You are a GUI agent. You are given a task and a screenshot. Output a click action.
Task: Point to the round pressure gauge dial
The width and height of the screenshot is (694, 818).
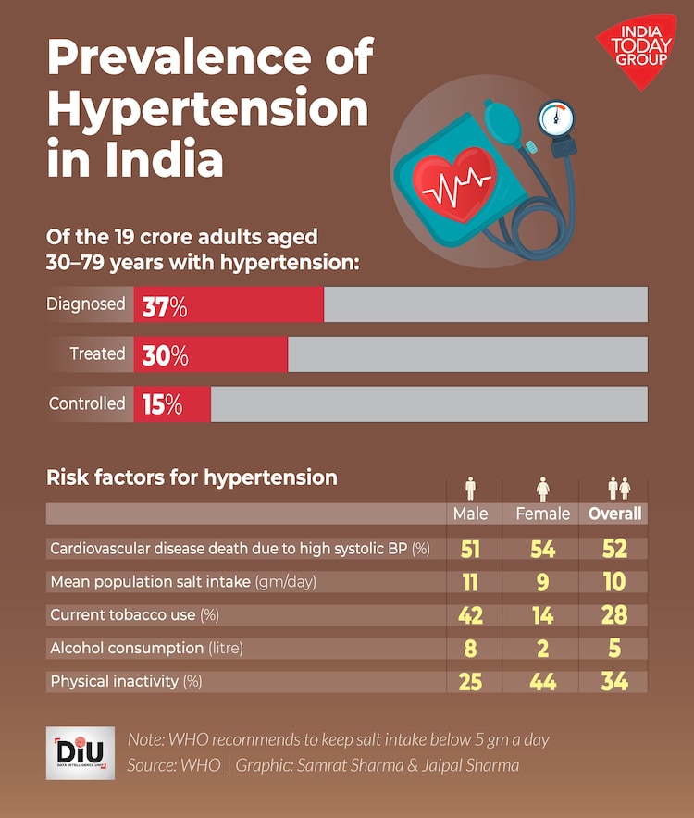556,118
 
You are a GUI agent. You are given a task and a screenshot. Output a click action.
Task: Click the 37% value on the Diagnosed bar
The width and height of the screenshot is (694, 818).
165,306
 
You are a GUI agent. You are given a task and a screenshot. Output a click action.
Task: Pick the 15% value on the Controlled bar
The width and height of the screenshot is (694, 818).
162,404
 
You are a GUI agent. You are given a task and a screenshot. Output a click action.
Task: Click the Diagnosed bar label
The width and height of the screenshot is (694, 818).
86,304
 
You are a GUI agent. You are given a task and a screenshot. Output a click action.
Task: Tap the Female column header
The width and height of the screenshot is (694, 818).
542,514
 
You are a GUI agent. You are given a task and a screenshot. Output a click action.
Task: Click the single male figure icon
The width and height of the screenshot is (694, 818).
470,488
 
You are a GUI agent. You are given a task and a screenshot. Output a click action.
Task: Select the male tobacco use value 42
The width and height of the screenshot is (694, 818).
470,614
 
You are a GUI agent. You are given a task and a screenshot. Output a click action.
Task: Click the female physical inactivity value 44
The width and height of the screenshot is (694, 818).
542,682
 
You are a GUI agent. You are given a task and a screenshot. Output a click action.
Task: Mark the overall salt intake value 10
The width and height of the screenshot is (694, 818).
614,581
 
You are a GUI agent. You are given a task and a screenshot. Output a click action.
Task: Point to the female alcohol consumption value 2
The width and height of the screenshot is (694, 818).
542,648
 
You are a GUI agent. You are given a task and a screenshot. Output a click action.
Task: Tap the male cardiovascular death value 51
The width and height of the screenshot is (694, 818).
470,548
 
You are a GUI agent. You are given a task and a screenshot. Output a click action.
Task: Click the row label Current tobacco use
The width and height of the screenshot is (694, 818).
134,614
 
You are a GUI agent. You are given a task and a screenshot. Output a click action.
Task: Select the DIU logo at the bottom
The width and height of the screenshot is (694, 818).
81,751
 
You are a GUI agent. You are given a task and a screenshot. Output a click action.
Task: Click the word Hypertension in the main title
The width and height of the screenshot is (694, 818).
207,110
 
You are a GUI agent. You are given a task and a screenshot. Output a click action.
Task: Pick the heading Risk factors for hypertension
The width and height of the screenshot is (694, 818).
192,478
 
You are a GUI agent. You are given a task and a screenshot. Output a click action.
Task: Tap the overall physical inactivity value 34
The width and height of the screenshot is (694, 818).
614,682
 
